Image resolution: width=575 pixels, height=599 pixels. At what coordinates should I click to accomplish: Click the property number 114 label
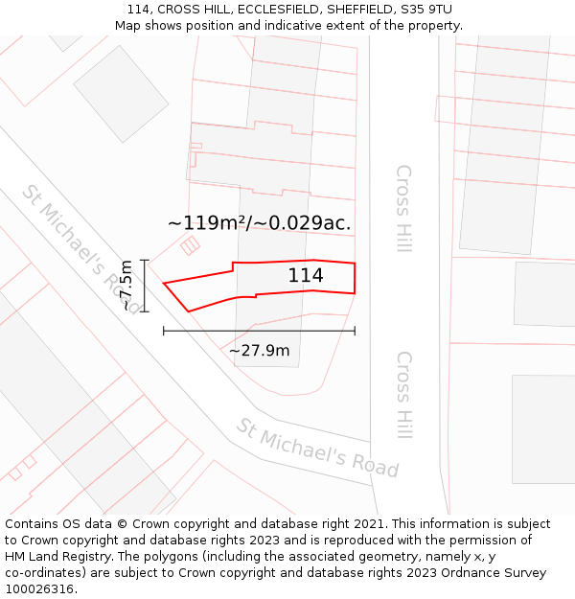[x=306, y=276]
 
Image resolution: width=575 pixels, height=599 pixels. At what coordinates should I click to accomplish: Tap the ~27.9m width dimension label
[x=259, y=351]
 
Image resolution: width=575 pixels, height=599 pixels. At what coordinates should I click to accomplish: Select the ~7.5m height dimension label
[x=126, y=286]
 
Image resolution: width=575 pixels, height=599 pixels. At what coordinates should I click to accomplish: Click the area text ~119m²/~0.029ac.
[x=259, y=223]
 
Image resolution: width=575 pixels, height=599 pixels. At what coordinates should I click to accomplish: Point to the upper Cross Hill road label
[x=403, y=209]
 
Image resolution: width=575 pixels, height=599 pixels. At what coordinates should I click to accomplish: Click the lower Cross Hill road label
[x=403, y=394]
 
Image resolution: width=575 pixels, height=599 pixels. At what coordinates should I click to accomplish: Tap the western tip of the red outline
[x=164, y=283]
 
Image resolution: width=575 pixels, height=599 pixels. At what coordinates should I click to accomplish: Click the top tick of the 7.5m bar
[x=145, y=260]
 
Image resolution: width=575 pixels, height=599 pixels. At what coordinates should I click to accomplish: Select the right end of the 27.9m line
[x=355, y=331]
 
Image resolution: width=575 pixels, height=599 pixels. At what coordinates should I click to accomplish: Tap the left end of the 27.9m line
[x=164, y=331]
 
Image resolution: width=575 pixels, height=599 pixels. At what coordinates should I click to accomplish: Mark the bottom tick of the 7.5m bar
[x=145, y=311]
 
